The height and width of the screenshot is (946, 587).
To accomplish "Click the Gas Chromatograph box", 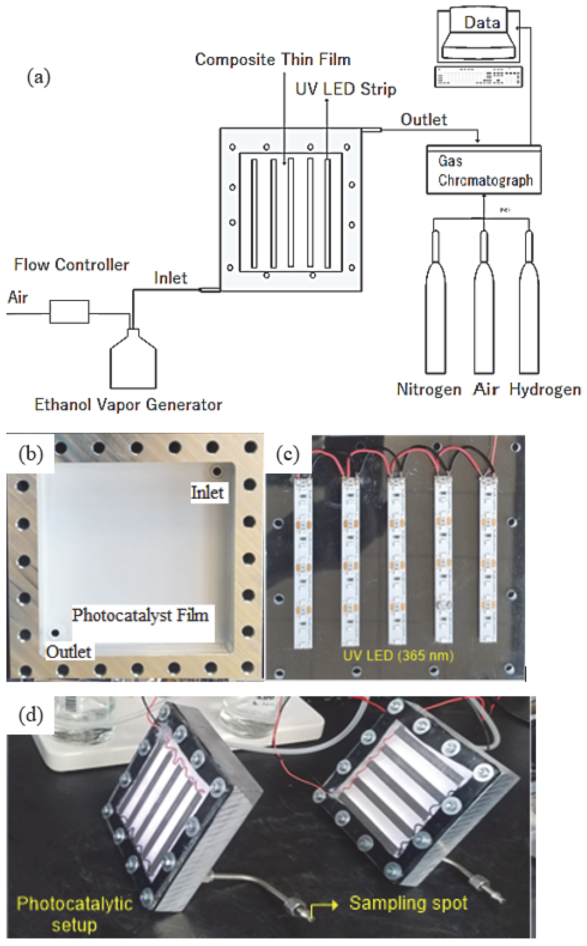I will (x=483, y=170).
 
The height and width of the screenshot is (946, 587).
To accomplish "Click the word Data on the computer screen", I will (x=482, y=23).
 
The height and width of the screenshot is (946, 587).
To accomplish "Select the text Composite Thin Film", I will (x=273, y=60).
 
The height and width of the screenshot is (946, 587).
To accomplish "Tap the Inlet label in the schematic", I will (x=170, y=278).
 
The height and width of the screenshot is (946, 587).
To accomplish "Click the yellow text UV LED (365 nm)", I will (x=398, y=655).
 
